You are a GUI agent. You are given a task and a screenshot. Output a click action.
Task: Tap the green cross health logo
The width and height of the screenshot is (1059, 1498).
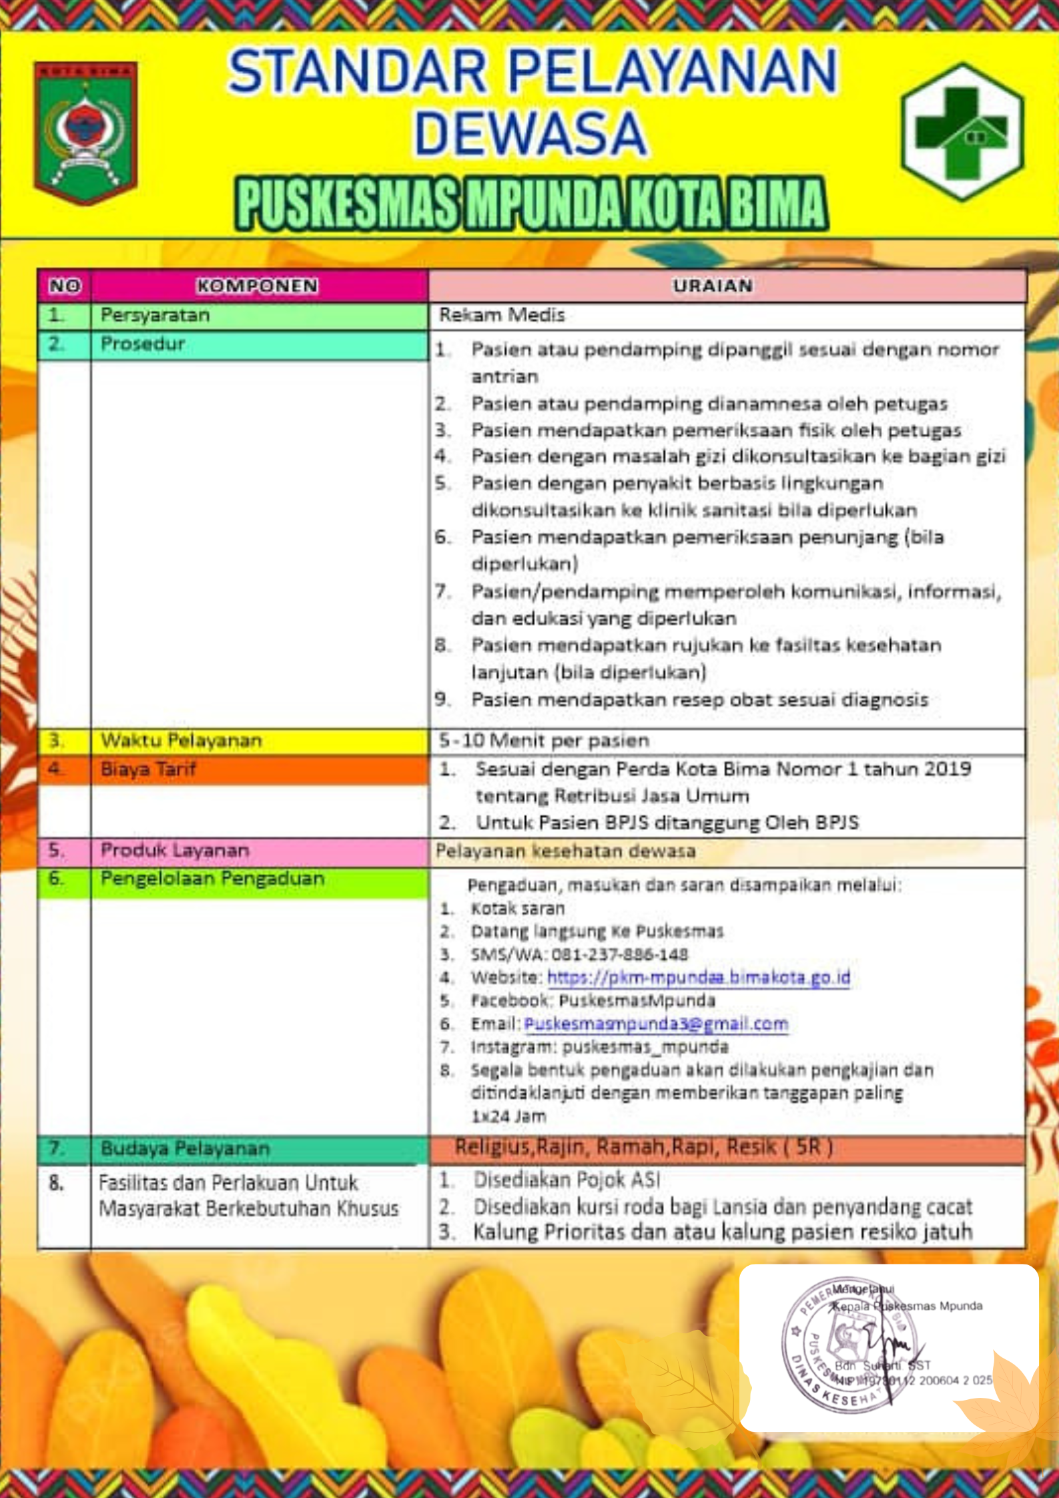pyautogui.click(x=962, y=131)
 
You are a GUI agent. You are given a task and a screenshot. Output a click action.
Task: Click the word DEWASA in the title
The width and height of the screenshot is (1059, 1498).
pyautogui.click(x=531, y=133)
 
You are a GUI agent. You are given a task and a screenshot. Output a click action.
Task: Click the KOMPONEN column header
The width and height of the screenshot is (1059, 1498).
pyautogui.click(x=258, y=286)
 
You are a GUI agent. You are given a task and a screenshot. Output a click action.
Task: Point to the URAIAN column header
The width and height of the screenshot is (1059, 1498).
pyautogui.click(x=712, y=286)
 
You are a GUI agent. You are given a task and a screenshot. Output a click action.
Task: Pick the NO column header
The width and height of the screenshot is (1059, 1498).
pyautogui.click(x=64, y=286)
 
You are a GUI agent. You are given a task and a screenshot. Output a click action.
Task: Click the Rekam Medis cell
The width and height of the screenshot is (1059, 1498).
pyautogui.click(x=502, y=315)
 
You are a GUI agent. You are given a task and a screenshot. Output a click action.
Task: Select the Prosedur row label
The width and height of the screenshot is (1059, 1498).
pyautogui.click(x=142, y=344)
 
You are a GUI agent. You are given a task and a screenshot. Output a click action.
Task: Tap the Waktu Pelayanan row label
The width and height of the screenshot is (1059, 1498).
pyautogui.click(x=181, y=741)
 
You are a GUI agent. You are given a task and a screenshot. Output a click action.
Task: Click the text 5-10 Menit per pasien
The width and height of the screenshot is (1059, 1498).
pyautogui.click(x=544, y=741)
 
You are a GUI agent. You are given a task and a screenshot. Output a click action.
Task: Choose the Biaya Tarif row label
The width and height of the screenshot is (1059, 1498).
pyautogui.click(x=148, y=769)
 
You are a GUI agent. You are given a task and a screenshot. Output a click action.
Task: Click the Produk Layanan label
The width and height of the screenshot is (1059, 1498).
pyautogui.click(x=175, y=851)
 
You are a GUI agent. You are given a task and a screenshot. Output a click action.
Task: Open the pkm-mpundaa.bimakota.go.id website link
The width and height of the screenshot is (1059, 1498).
pyautogui.click(x=698, y=978)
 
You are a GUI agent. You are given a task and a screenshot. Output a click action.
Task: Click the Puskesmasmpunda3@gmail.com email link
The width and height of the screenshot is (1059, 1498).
pyautogui.click(x=656, y=1024)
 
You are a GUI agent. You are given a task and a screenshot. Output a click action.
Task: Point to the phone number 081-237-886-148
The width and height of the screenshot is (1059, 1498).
pyautogui.click(x=619, y=954)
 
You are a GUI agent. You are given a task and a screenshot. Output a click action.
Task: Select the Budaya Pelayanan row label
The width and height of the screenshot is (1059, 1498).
pyautogui.click(x=185, y=1148)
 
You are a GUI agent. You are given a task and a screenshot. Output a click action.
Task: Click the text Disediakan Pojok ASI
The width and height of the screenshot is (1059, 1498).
pyautogui.click(x=567, y=1180)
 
